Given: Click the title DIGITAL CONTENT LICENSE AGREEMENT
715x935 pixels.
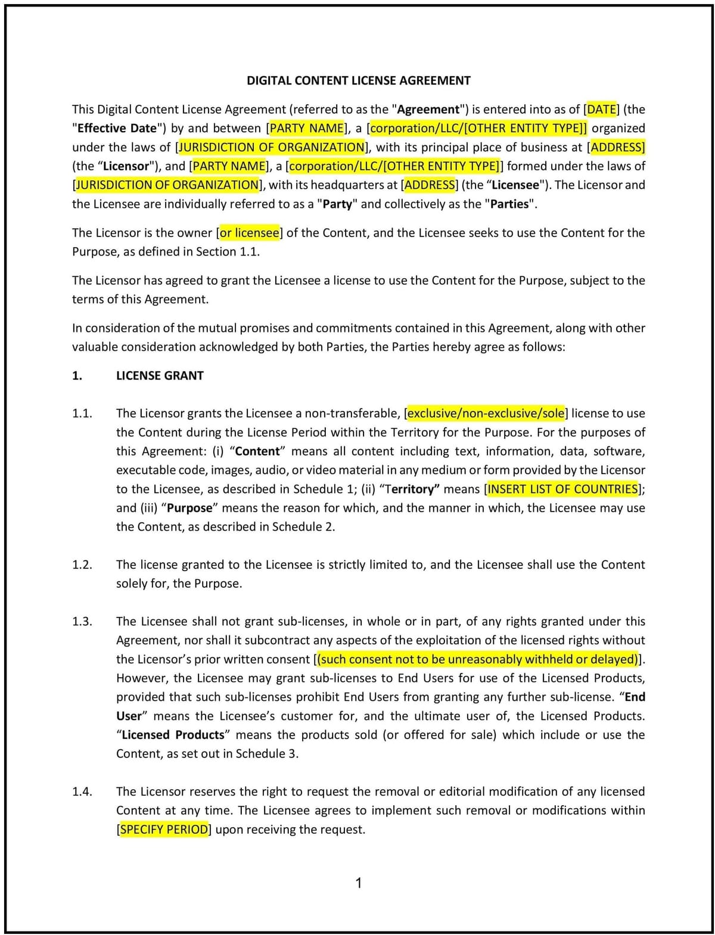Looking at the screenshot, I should click(359, 80).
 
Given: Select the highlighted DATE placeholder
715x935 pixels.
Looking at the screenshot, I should click(602, 109).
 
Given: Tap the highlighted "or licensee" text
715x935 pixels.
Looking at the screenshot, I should click(249, 233).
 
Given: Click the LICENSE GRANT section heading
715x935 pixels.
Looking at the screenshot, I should click(160, 376).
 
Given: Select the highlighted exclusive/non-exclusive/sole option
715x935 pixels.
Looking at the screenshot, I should click(486, 413).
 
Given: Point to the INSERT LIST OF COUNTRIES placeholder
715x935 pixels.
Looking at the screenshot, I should click(562, 489).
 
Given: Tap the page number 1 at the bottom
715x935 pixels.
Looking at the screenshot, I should click(359, 883).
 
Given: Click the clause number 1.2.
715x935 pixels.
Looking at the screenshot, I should click(82, 565).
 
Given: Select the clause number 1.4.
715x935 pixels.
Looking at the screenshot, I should click(82, 791).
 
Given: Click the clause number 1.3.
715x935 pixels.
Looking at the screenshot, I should click(82, 621).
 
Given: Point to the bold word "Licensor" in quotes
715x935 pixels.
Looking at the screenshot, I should click(126, 166).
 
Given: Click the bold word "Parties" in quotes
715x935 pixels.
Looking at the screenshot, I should click(508, 204).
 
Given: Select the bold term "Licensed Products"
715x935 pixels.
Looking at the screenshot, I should click(173, 735).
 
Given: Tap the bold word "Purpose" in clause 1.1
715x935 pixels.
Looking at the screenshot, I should click(189, 508).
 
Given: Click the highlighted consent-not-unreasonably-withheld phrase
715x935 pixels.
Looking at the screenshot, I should click(478, 659).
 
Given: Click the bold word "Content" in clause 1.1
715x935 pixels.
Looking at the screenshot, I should click(258, 451).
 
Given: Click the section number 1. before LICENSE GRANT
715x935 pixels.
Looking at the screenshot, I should click(77, 376).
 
